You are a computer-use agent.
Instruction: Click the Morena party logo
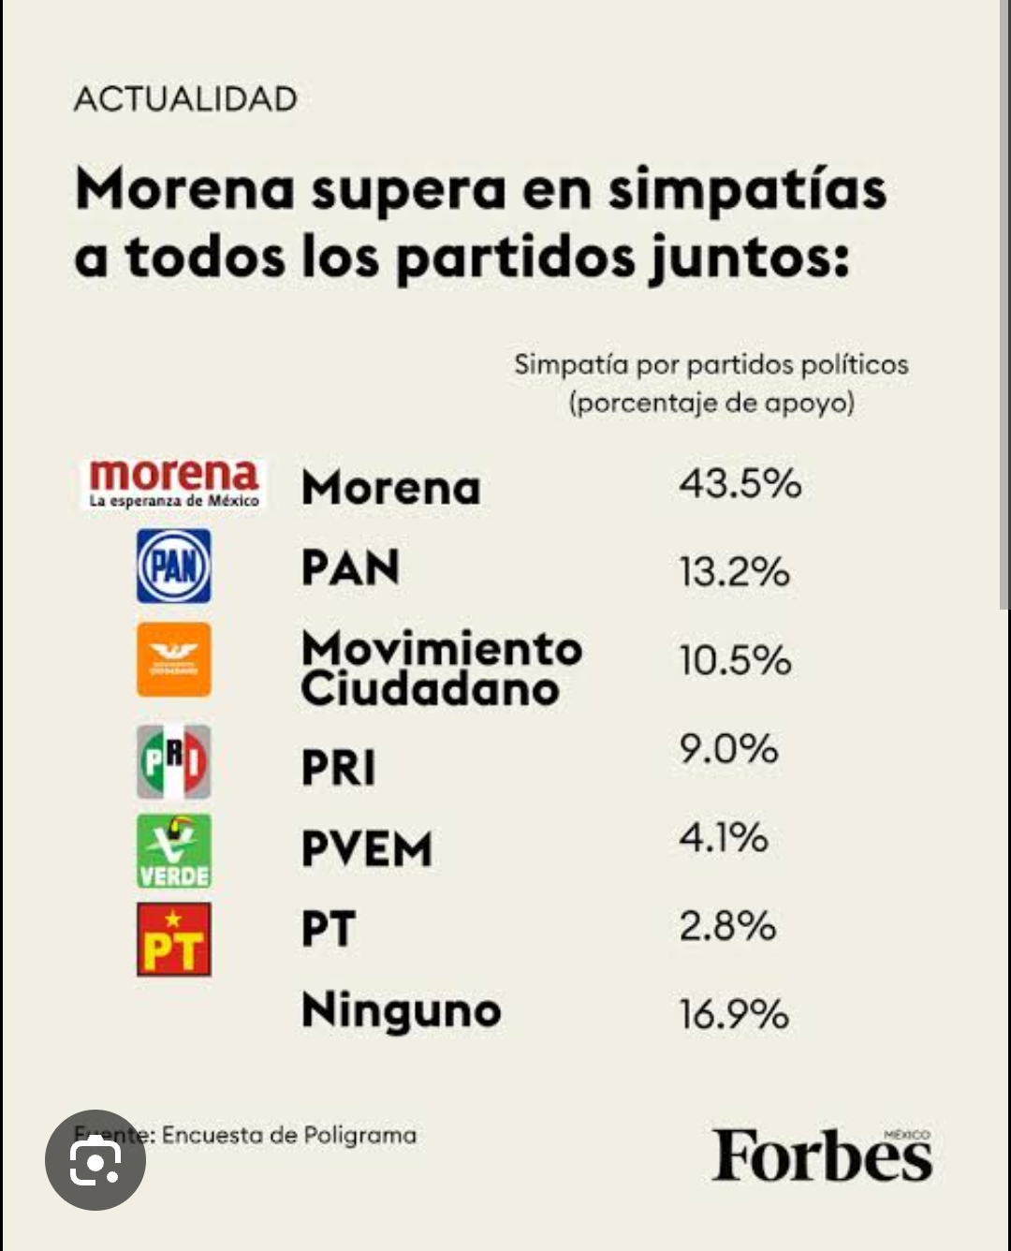[x=174, y=483]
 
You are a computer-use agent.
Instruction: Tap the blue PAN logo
[x=174, y=566]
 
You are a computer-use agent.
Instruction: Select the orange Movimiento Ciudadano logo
[x=174, y=659]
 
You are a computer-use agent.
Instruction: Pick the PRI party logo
[x=174, y=761]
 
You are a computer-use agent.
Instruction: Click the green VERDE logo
[x=174, y=850]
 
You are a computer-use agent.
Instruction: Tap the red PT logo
[x=174, y=939]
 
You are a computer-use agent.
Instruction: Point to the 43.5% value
[x=740, y=484]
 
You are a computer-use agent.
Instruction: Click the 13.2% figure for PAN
[x=734, y=572]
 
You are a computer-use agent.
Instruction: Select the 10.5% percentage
[x=735, y=660]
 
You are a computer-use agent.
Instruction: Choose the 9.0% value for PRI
[x=728, y=749]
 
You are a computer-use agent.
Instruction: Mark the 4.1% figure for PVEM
[x=723, y=837]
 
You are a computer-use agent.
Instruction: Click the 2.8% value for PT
[x=727, y=926]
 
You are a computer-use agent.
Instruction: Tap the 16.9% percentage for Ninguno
[x=734, y=1014]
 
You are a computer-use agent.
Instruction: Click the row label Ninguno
[x=401, y=1011]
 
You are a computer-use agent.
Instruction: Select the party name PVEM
[x=366, y=849]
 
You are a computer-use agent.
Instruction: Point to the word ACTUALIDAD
[x=185, y=99]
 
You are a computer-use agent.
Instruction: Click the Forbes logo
[x=821, y=1155]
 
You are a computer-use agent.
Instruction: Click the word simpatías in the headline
[x=746, y=190]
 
